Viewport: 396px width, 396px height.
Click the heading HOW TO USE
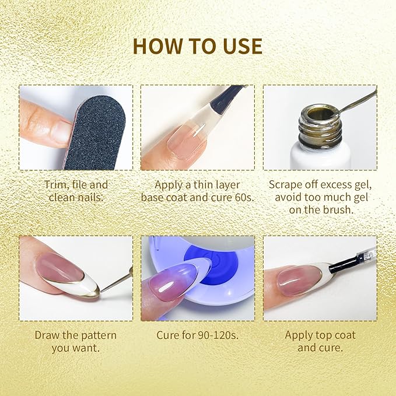click(197, 46)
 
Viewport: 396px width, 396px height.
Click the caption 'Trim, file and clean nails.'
click(76, 191)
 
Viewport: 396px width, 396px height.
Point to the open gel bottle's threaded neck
click(320, 125)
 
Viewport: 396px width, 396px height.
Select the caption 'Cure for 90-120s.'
click(197, 335)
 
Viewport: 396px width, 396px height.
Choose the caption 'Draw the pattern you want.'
click(76, 341)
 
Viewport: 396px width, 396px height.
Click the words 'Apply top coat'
click(320, 335)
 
